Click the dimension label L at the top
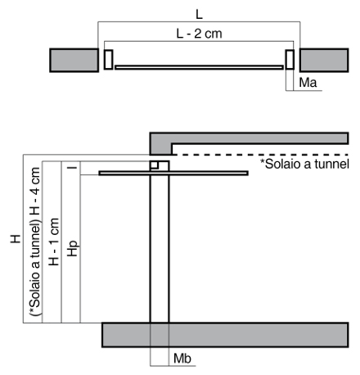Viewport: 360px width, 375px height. pos(200,14)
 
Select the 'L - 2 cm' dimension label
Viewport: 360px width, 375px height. pos(200,34)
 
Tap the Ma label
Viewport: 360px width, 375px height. pos(308,83)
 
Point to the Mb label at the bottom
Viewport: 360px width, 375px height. pos(182,359)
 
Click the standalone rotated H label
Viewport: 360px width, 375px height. pos(16,239)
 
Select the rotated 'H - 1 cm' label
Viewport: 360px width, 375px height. pos(54,242)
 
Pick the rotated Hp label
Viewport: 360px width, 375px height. pos(73,248)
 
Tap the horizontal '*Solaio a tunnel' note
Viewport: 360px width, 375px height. pos(304,164)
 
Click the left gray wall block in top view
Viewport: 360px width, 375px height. pos(74,61)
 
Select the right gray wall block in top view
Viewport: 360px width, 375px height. pos(324,61)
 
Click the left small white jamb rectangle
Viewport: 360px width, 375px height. pos(108,59)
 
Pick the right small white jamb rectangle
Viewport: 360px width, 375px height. pos(290,59)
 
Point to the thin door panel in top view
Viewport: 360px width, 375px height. pos(199,67)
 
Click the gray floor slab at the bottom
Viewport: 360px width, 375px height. pos(225,335)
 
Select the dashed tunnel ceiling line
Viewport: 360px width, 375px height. pos(261,155)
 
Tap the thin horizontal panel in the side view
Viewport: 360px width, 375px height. pos(173,173)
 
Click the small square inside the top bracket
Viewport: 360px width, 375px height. pos(155,165)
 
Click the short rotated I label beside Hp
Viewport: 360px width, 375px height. pos(72,165)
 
